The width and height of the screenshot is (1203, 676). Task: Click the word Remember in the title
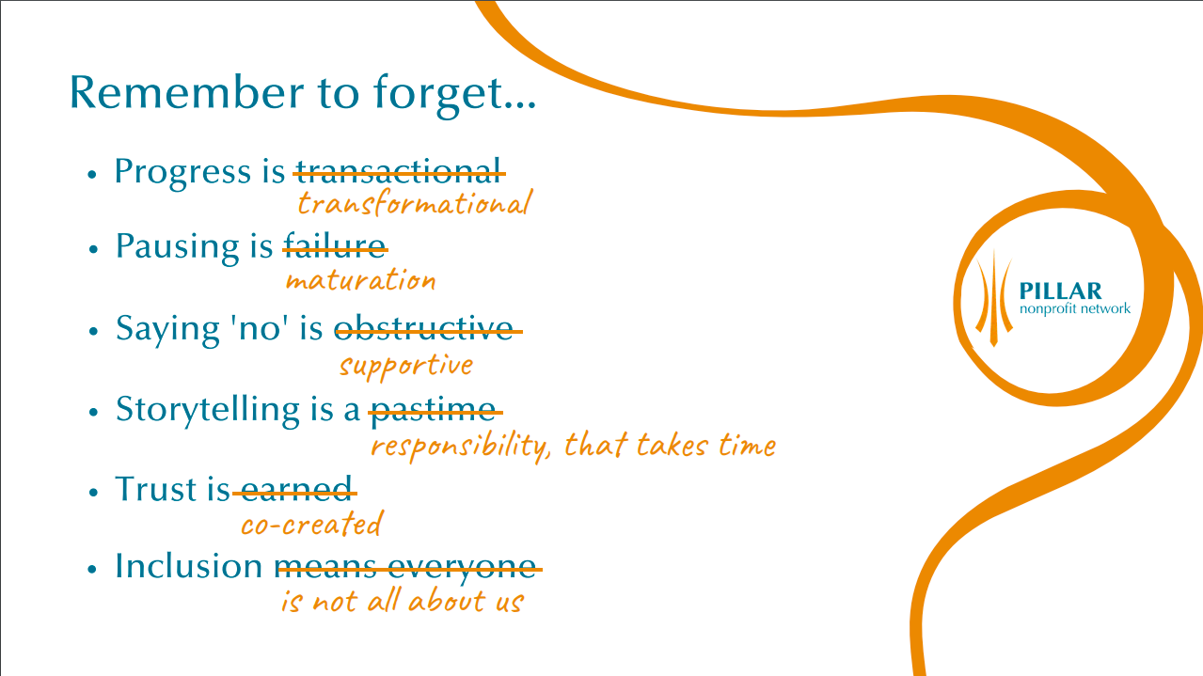pos(187,92)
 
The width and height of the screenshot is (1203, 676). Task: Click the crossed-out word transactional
pos(399,171)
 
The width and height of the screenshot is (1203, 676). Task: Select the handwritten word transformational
pos(415,203)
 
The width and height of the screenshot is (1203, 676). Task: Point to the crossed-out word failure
pos(335,245)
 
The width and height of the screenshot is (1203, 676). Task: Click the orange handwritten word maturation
pos(360,280)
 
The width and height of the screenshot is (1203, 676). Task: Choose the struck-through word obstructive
pos(424,327)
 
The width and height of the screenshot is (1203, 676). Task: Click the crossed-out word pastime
pos(434,411)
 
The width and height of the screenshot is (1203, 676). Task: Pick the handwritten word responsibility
pos(461,447)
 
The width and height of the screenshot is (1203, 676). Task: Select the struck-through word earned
pos(296,489)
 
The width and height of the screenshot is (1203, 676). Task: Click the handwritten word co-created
pos(312,523)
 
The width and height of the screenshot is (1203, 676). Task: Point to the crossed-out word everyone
pos(461,567)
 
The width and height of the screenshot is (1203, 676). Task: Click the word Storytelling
pos(208,410)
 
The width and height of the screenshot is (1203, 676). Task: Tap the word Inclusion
pos(188,565)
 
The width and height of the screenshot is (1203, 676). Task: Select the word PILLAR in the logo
pos(1060,291)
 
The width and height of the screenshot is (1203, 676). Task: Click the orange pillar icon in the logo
pos(994,298)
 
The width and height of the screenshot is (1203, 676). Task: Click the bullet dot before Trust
pos(93,492)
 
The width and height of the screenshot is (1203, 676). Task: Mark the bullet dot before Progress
pos(92,175)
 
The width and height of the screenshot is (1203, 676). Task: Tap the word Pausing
pos(178,247)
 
